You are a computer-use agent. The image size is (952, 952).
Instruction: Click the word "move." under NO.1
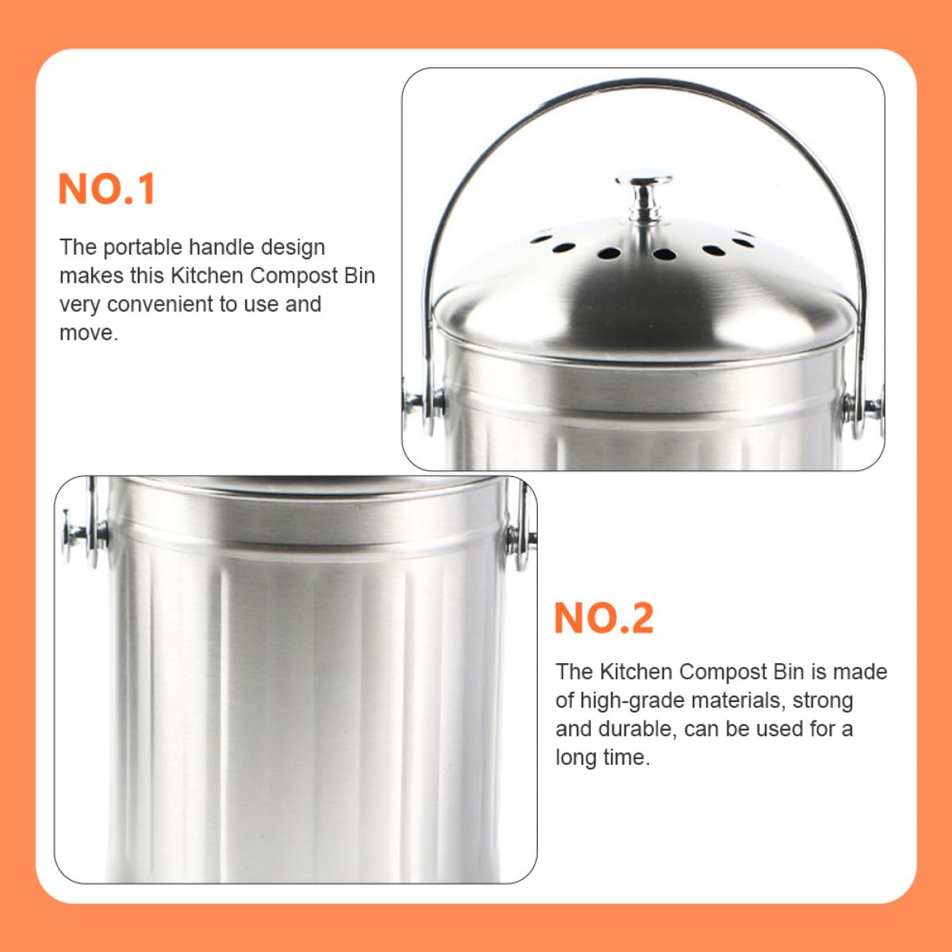pos(89,333)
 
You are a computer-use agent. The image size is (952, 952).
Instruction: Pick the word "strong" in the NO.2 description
pos(823,701)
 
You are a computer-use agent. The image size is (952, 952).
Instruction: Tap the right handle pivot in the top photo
pos(862,408)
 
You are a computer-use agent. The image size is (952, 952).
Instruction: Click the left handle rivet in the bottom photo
pos(83,537)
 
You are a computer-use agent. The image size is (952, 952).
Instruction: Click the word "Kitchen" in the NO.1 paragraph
pos(208,275)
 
